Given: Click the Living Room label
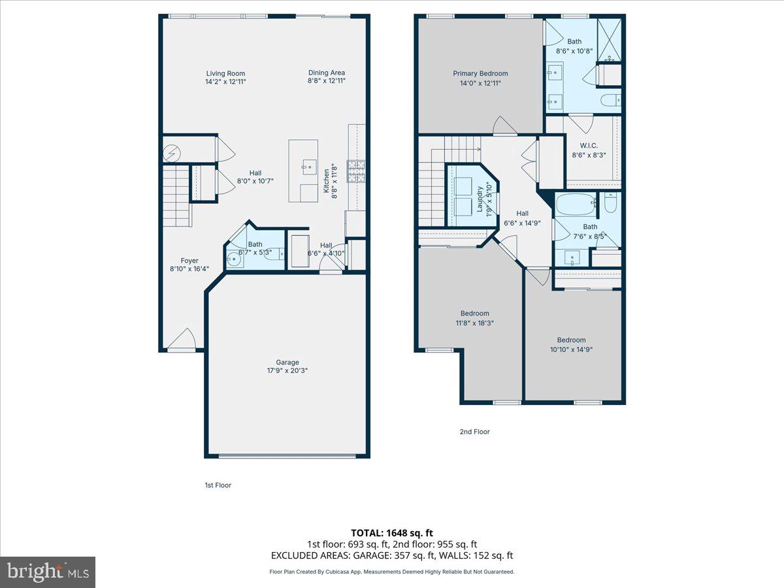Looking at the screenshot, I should point(225,74).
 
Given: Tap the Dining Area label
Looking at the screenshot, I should point(327,73).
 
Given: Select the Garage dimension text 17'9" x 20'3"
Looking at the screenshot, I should point(287,370).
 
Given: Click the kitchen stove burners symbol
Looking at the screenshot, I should point(357,171).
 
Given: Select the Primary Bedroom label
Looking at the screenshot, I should point(480,74).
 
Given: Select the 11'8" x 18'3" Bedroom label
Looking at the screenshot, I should point(474,314).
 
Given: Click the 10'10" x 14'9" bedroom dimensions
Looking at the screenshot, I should point(571,349).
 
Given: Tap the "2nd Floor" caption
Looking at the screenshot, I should point(474,432).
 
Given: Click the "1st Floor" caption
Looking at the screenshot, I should point(218,485).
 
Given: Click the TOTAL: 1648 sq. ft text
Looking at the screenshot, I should point(392,533).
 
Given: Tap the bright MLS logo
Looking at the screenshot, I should point(47,572).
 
